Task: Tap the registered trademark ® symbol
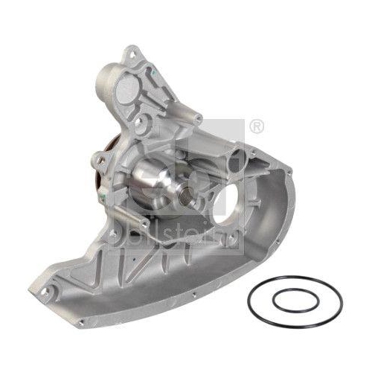click(x=256, y=127)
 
